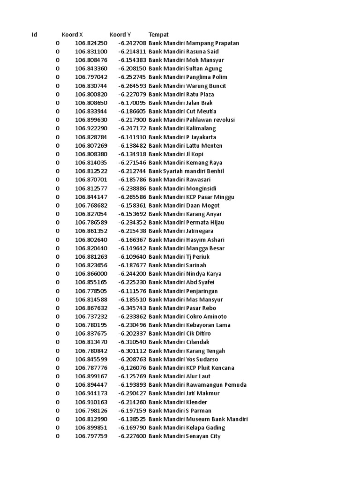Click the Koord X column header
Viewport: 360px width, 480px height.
[72, 35]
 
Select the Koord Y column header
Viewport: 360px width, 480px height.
[120, 35]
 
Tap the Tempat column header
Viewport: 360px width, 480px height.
[158, 35]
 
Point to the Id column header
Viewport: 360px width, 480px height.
[34, 35]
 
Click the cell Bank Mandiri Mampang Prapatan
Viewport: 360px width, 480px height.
[194, 43]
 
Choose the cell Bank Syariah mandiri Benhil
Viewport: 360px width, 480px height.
[186, 171]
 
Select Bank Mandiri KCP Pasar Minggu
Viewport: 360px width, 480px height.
[191, 197]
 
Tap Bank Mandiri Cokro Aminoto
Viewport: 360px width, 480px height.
[187, 316]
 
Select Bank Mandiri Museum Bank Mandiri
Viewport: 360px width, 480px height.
[198, 419]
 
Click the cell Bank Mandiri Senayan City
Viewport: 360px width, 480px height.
[184, 436]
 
